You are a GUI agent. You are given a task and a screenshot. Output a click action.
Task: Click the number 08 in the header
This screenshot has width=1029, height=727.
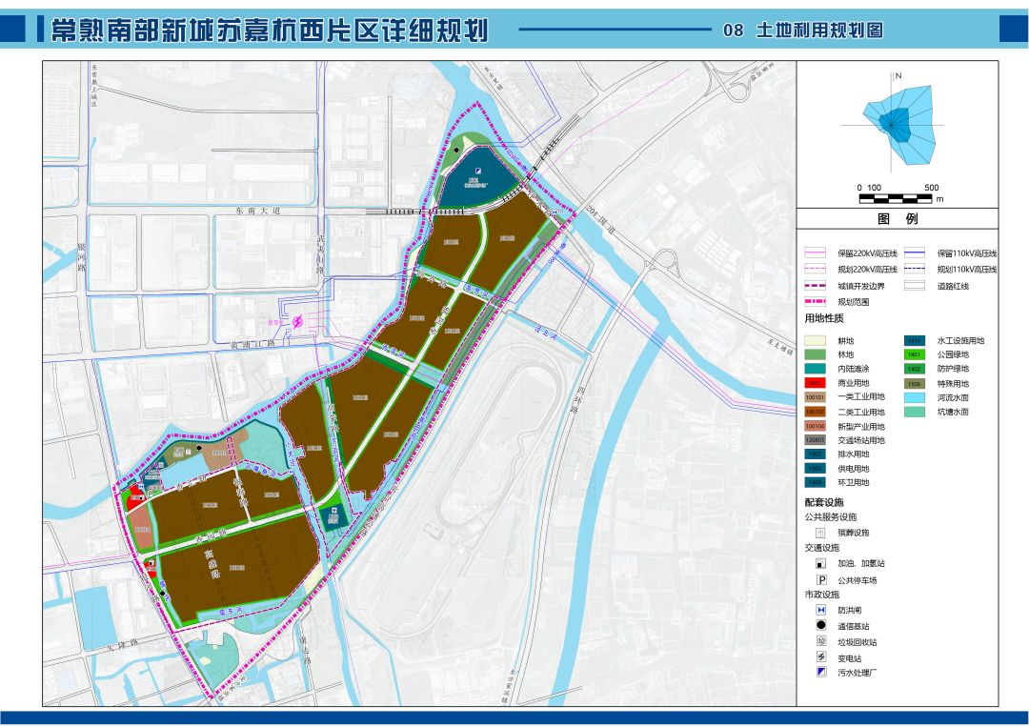733,30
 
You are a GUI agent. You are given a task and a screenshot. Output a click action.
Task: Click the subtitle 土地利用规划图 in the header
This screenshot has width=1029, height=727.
818,30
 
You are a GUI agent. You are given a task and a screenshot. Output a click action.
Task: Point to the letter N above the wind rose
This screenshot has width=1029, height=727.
898,75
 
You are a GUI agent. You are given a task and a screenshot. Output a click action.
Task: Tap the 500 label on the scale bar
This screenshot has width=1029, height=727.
932,188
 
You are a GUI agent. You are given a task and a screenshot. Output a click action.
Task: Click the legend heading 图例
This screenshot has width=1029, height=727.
897,219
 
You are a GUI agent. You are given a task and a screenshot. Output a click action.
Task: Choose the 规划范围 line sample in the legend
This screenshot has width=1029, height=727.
817,301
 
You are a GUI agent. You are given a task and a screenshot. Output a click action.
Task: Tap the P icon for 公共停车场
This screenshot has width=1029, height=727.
819,579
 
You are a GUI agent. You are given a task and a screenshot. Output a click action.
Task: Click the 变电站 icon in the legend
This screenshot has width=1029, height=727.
819,657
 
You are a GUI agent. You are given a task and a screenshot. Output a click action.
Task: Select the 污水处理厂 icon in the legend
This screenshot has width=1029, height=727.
819,674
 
